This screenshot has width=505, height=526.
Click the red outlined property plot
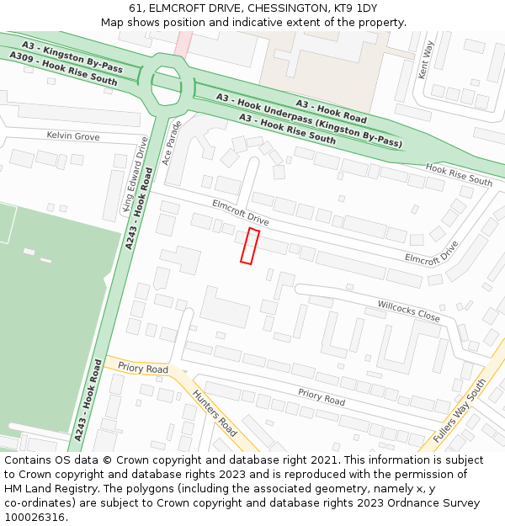[249, 246]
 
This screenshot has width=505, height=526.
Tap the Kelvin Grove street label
[72, 135]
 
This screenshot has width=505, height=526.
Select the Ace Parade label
[172, 143]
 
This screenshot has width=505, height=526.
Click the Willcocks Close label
[408, 311]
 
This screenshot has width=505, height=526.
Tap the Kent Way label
[426, 60]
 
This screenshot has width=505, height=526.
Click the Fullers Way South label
[460, 412]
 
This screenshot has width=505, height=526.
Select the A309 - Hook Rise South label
[63, 68]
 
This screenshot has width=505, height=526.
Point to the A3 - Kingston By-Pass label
[73, 54]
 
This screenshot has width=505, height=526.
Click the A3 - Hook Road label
[331, 109]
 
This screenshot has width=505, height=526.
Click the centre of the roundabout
[166, 82]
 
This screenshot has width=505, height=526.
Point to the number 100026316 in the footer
[35, 518]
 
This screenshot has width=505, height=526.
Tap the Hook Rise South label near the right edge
[459, 175]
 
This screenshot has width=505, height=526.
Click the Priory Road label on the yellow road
[143, 369]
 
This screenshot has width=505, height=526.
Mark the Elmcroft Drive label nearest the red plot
[241, 211]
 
